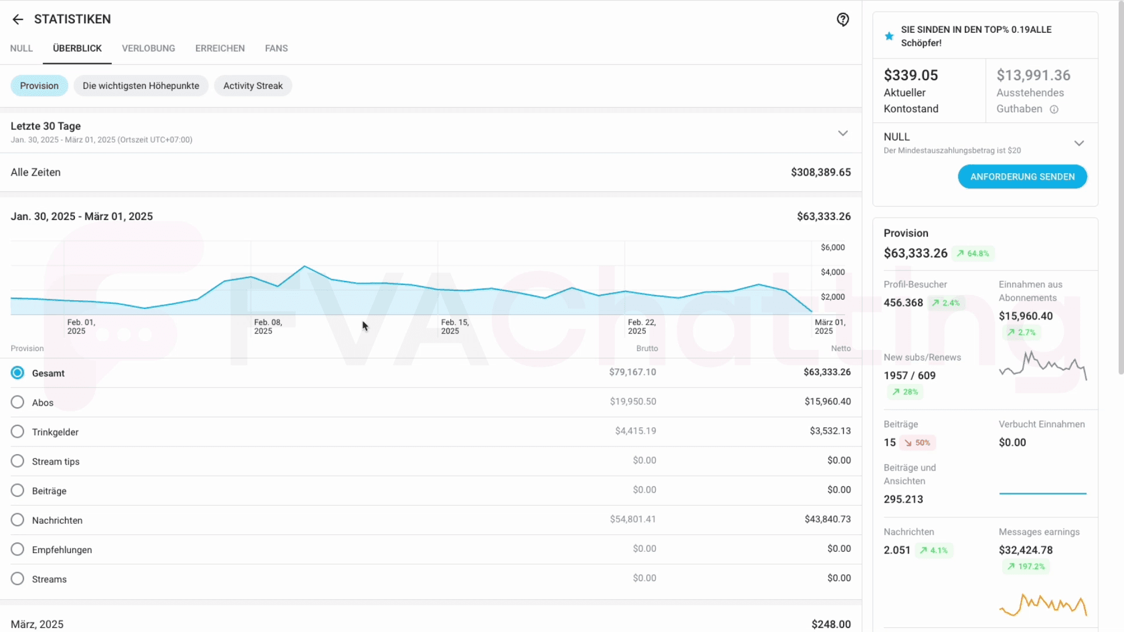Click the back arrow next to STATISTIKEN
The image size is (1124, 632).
point(18,19)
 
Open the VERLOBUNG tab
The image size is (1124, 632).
point(148,48)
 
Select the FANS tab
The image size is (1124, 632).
point(276,48)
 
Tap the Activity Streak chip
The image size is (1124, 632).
point(253,85)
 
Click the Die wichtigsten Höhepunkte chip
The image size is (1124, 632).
point(140,85)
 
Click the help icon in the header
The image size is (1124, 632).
point(842,19)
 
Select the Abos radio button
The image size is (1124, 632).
point(18,402)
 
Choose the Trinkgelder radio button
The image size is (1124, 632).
point(18,431)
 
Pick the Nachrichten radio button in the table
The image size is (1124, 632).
point(18,520)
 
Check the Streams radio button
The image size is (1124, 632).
point(18,579)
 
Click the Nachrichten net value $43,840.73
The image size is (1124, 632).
point(827,519)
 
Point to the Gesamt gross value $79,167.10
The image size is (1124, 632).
point(632,372)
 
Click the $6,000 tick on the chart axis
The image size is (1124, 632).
point(832,248)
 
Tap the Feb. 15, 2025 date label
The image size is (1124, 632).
point(454,327)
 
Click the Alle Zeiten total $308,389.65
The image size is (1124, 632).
point(821,172)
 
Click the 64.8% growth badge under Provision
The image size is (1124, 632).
point(973,253)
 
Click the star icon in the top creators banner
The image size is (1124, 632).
point(889,36)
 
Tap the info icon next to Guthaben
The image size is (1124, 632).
point(1054,109)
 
